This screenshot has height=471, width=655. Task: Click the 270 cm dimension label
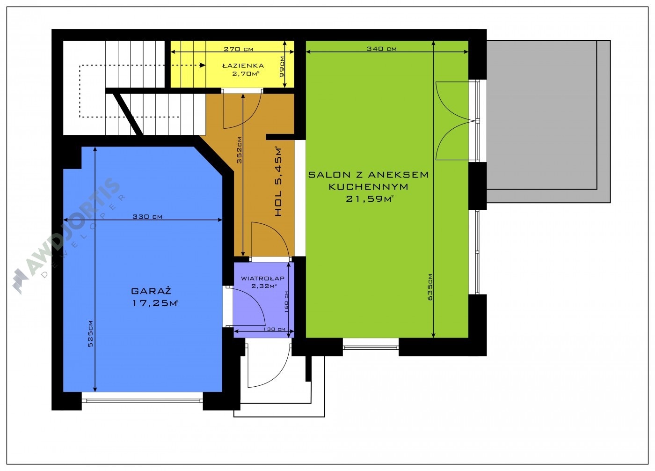(x=238, y=49)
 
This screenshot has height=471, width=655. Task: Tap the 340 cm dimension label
(x=382, y=49)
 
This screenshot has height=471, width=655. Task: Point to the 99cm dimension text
(x=282, y=66)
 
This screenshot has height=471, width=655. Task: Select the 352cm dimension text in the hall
(x=239, y=150)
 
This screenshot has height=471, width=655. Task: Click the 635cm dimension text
(x=430, y=287)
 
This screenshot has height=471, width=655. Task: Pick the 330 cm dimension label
(x=147, y=216)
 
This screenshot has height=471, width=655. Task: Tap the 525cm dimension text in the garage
(x=90, y=334)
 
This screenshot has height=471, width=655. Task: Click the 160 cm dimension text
(x=286, y=302)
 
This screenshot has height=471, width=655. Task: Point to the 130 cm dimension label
(x=274, y=329)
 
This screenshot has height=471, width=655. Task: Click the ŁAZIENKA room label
(x=243, y=66)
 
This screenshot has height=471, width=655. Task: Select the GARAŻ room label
(x=151, y=291)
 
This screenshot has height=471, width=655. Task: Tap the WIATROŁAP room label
(x=262, y=278)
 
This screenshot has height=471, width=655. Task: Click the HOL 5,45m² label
(x=278, y=181)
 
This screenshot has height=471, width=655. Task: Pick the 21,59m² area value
(x=370, y=199)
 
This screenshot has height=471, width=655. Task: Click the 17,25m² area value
(x=155, y=303)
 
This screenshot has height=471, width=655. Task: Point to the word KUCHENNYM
(x=369, y=187)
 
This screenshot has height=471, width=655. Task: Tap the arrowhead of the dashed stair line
(x=202, y=65)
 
